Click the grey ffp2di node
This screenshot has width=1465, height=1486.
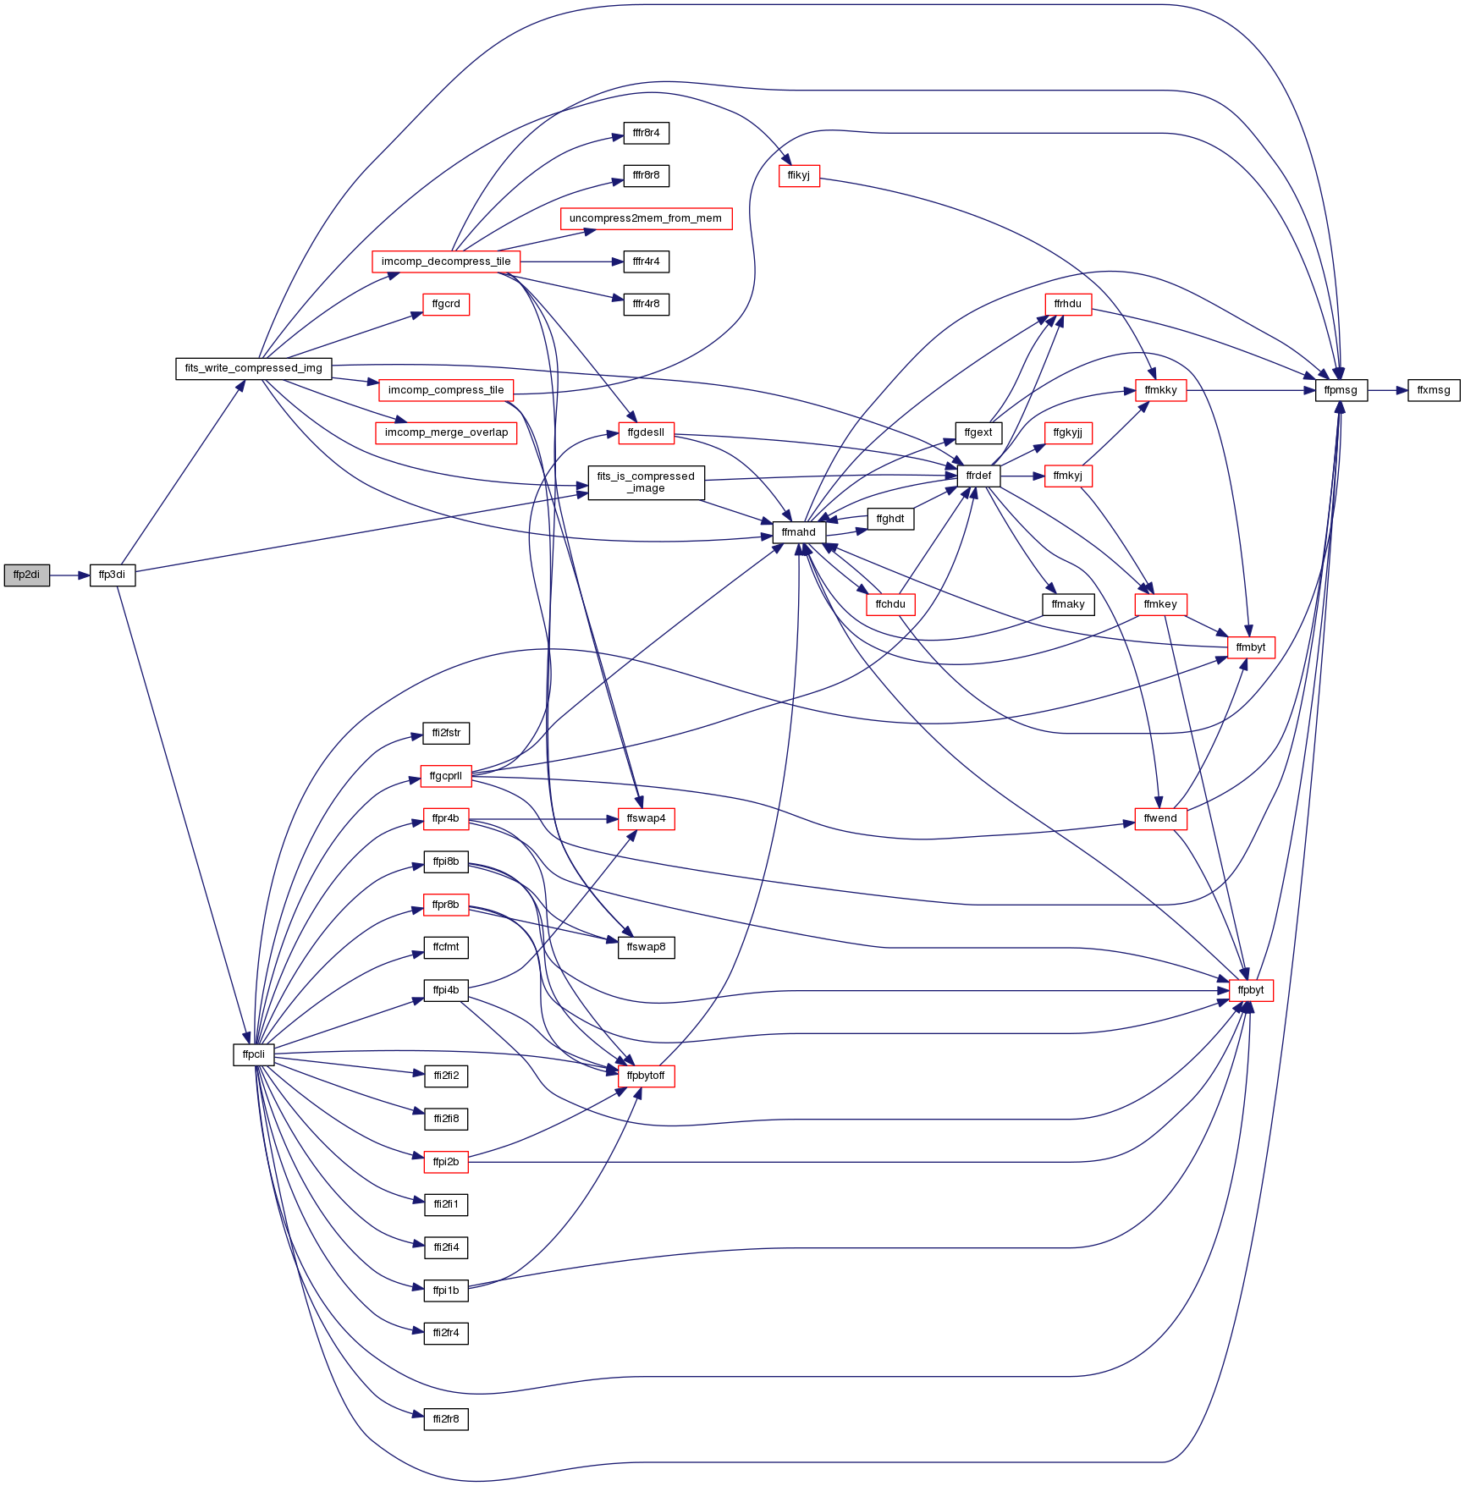point(27,575)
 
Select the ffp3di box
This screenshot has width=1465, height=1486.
point(113,575)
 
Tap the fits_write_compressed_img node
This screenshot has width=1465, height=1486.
point(254,369)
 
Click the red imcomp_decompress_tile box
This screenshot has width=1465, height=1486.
point(446,262)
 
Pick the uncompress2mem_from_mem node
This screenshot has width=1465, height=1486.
point(646,219)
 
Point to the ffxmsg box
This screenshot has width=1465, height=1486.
point(1434,391)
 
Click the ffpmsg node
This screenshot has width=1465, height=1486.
point(1341,391)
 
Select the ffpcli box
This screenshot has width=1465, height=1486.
point(254,1055)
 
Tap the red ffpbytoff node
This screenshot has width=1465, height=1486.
point(646,1076)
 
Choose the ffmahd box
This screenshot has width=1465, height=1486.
point(799,533)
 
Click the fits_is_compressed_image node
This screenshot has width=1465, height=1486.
point(646,483)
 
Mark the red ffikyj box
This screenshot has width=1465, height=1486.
point(799,176)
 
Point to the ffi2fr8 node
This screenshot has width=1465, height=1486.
point(446,1419)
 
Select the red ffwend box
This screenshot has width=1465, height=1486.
point(1160,819)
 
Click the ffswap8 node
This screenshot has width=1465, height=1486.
point(646,948)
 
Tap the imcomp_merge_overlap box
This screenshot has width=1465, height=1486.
point(446,433)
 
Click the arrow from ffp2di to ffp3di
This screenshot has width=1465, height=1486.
point(69,575)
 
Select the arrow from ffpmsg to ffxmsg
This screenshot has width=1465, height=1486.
point(1387,391)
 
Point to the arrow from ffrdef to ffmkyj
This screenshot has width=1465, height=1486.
point(1022,476)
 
